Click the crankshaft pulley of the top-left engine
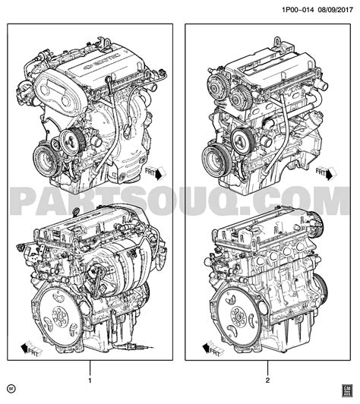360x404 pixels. coord(46,159)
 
